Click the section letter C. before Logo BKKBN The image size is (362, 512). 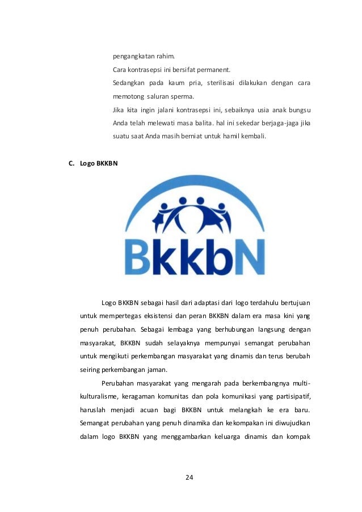tap(71, 164)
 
